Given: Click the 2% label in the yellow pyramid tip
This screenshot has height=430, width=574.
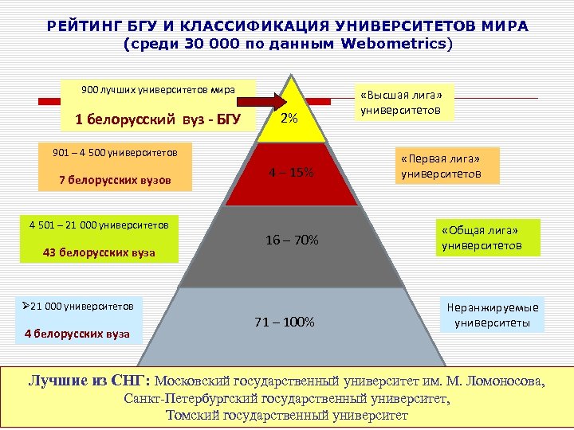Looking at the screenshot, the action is click(x=289, y=118).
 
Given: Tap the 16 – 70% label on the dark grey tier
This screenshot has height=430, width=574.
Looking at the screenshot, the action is click(x=291, y=240).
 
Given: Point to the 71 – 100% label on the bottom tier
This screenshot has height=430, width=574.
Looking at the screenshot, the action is click(x=285, y=322).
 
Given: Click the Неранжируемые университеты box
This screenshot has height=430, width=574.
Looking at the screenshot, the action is click(x=492, y=315).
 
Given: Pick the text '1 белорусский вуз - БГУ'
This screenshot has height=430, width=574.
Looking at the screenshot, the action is click(x=157, y=120).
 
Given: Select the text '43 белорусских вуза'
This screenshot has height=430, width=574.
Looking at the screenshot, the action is click(x=99, y=253).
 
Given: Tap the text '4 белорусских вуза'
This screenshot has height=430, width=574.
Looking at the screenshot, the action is click(x=77, y=333).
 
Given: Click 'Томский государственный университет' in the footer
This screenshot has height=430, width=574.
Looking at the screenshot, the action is click(x=286, y=415).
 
